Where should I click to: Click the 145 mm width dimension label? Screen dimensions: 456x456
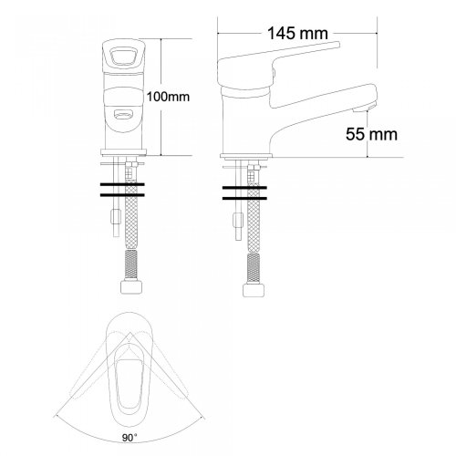point(297,33)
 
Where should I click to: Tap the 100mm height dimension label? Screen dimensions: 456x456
point(168,97)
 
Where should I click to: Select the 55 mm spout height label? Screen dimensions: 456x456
point(371,134)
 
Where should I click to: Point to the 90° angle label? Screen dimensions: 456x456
point(130,438)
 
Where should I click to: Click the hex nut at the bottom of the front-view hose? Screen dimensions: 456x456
point(131,286)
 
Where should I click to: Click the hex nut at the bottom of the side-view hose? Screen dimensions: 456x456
point(254,290)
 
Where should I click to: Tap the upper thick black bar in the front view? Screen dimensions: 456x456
point(122,184)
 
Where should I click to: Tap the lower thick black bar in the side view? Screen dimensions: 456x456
point(244,199)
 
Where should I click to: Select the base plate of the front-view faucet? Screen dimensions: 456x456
point(123,152)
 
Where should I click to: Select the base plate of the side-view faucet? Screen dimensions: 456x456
point(246,156)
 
